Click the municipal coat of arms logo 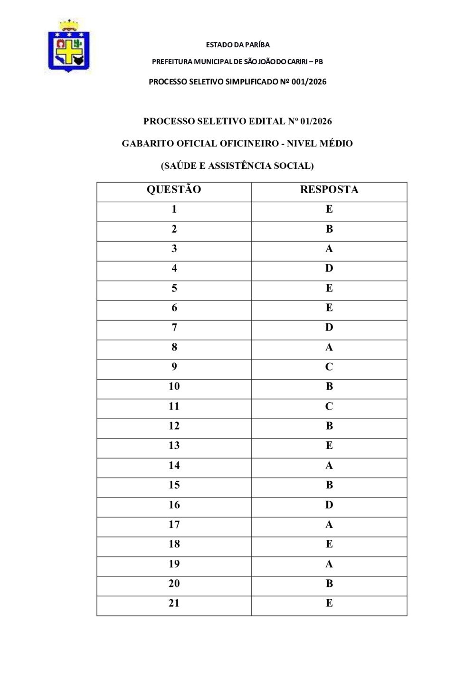tap(69, 46)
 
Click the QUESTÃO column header tap(174, 190)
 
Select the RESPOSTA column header tap(329, 190)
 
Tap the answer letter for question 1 tap(329, 209)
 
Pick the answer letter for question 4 tap(329, 268)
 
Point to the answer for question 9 tap(329, 367)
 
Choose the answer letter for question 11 tap(329, 406)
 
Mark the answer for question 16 tap(329, 505)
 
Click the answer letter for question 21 tap(329, 603)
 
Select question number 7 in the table tap(174, 327)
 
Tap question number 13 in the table tap(174, 446)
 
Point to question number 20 tap(174, 584)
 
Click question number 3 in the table tap(174, 249)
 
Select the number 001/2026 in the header tap(309, 82)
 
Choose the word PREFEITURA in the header tap(172, 62)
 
